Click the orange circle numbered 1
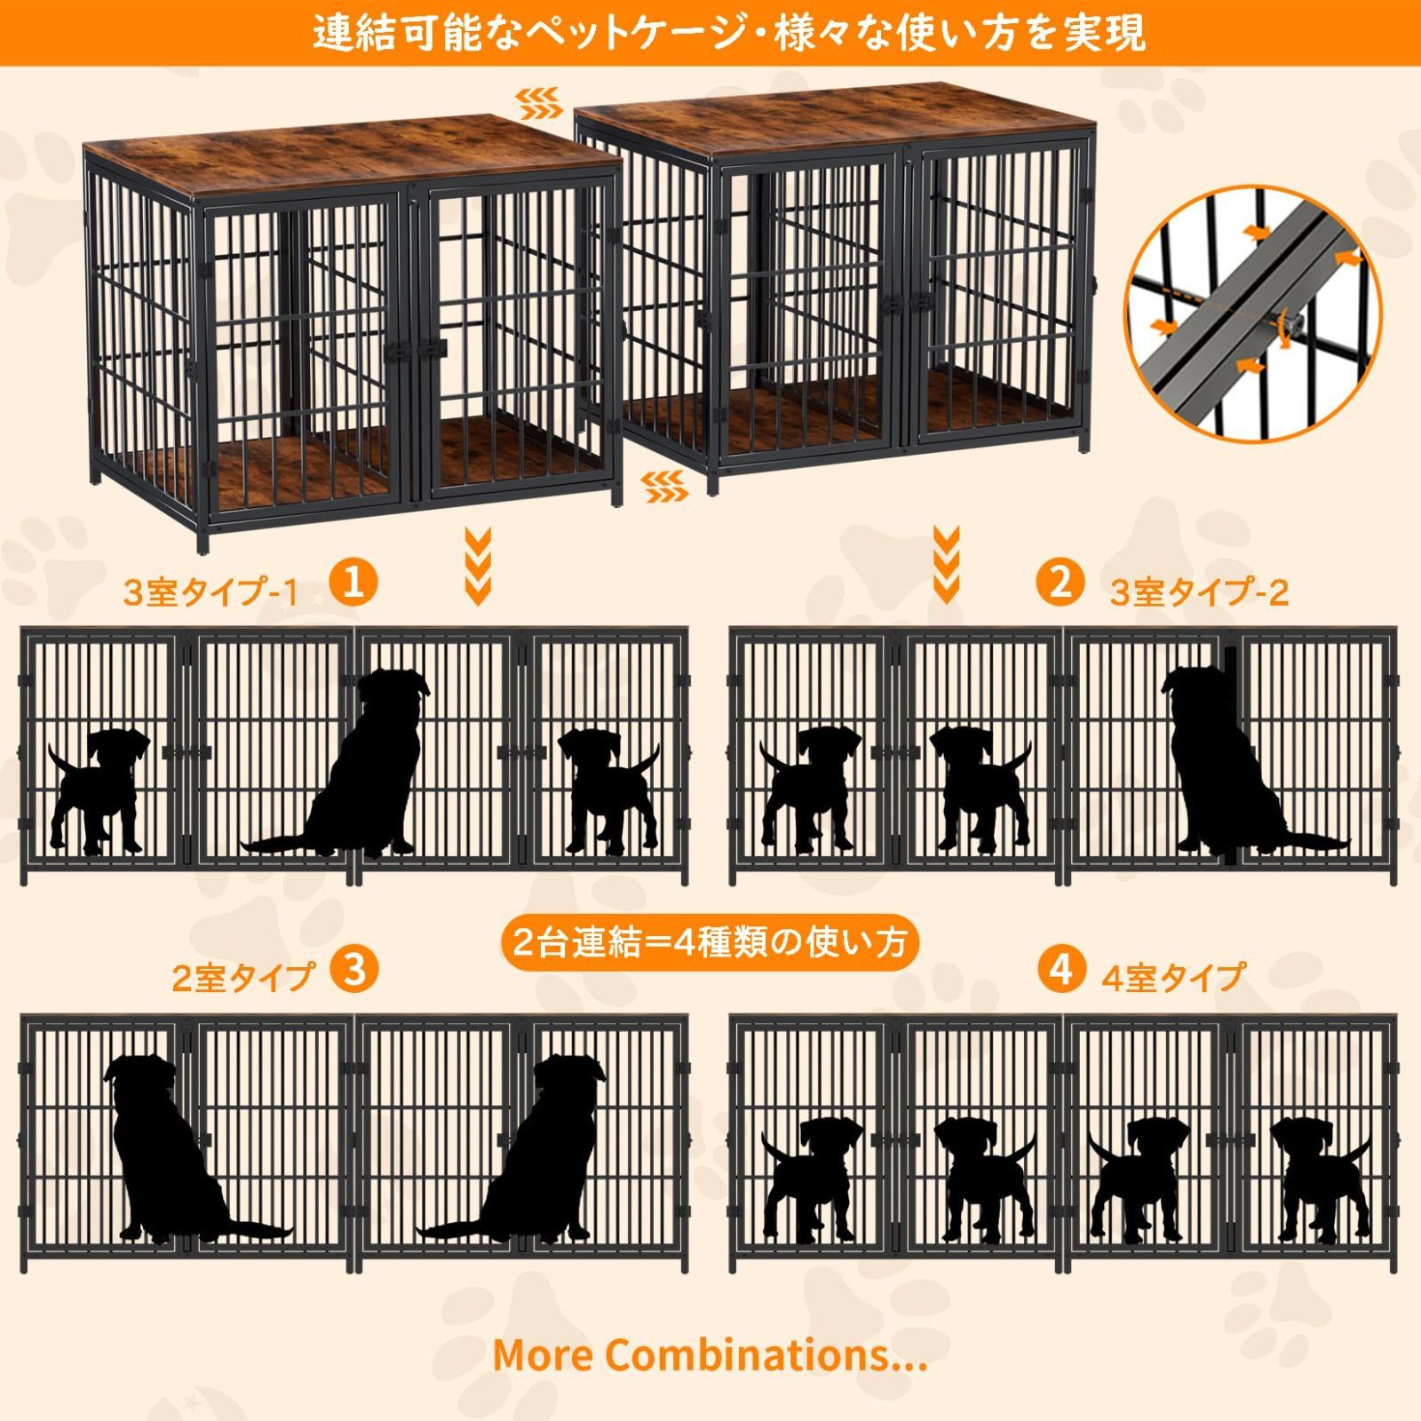(353, 583)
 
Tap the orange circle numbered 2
(1060, 583)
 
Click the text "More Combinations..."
(710, 1354)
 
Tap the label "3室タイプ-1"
(210, 592)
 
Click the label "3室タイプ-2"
(1199, 592)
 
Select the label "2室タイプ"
(242, 978)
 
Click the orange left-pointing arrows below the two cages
(663, 485)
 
